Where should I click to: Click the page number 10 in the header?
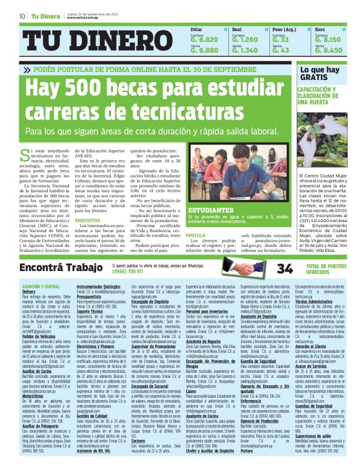click(22, 16)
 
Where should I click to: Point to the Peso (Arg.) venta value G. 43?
click(281, 50)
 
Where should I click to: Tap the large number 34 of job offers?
click(284, 269)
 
